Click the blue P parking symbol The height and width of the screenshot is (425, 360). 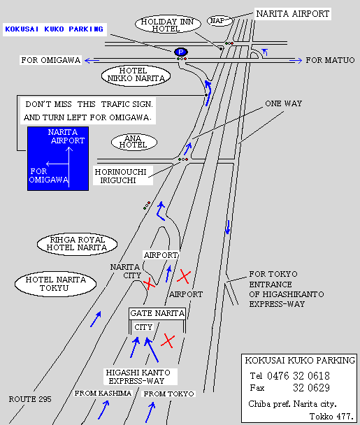[181, 52]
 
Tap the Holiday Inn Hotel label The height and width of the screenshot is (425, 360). [168, 24]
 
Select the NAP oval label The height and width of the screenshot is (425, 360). [220, 20]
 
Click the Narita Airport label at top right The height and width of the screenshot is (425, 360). [293, 13]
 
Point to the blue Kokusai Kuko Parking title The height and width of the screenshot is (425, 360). [55, 29]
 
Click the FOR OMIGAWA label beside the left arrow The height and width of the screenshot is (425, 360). [51, 60]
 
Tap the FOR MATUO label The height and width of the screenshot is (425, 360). [330, 60]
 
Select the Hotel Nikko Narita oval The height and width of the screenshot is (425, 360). [136, 75]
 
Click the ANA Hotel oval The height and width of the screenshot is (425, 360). [134, 142]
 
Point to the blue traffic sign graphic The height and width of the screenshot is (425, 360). [58, 159]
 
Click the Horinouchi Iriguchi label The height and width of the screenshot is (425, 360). [121, 176]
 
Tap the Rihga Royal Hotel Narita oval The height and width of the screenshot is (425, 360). [78, 244]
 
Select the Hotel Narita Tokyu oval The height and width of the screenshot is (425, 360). [55, 284]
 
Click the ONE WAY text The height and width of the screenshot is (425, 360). [284, 103]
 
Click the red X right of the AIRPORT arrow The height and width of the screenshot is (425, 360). [184, 277]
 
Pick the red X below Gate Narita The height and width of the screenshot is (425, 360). [168, 341]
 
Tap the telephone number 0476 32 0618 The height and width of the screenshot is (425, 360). [298, 376]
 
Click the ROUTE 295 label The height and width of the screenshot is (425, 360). [30, 399]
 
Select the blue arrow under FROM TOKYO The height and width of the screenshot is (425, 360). [150, 412]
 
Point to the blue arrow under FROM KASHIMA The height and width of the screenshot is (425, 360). [103, 410]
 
